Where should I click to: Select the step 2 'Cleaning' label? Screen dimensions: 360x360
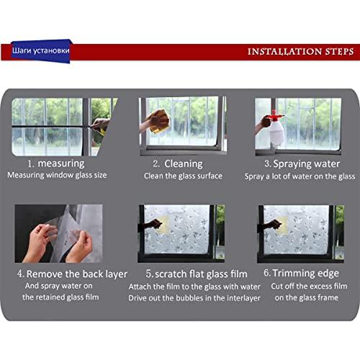point(178,163)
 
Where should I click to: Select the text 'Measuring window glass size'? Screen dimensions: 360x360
point(58,175)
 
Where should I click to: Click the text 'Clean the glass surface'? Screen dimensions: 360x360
point(183,176)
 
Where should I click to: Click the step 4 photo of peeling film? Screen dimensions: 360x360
point(58,233)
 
